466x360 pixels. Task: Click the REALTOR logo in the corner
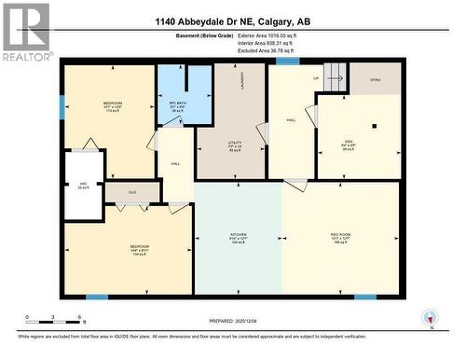tap(26, 32)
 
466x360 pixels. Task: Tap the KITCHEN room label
tap(239, 236)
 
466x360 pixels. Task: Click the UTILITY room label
tap(235, 145)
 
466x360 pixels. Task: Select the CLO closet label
tap(132, 193)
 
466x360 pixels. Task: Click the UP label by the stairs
tap(316, 78)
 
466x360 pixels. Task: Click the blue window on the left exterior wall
tap(62, 106)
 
